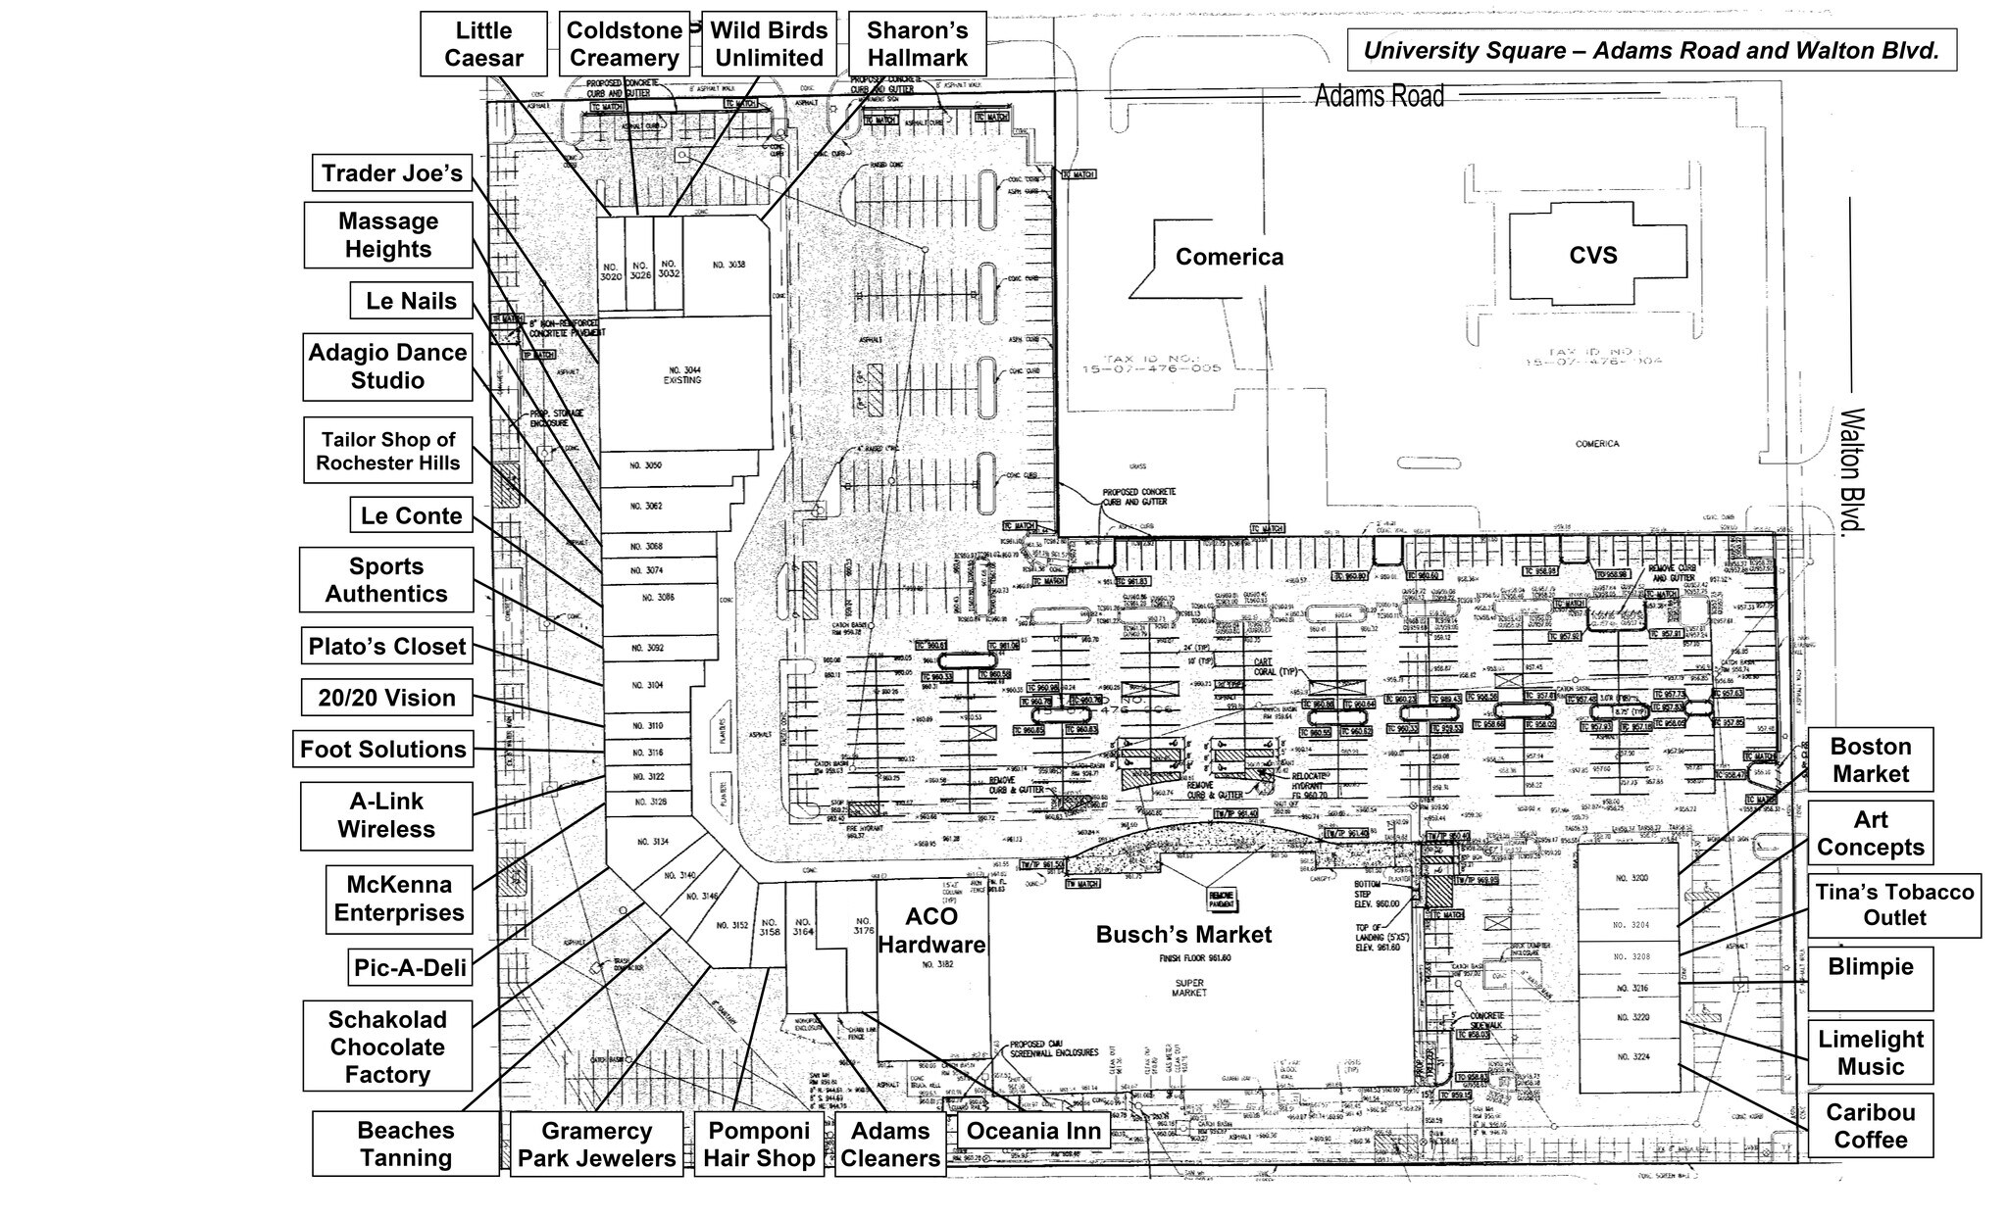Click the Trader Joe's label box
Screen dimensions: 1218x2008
pyautogui.click(x=391, y=173)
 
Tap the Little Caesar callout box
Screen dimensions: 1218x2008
pyautogui.click(x=483, y=44)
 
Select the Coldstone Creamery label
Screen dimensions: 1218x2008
pyautogui.click(x=624, y=44)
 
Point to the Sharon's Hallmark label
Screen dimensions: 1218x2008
pyautogui.click(x=917, y=44)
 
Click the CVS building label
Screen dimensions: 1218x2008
pyautogui.click(x=1592, y=255)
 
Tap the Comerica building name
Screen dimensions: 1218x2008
pyautogui.click(x=1229, y=257)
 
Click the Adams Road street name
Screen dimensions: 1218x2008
pyautogui.click(x=1379, y=96)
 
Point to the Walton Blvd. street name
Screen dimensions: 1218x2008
pyautogui.click(x=1850, y=470)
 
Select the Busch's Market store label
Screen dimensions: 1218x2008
pyautogui.click(x=1183, y=935)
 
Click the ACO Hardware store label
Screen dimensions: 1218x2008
pyautogui.click(x=931, y=931)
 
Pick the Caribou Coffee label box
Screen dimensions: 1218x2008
pyautogui.click(x=1870, y=1126)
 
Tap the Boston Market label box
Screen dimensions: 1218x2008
pyautogui.click(x=1870, y=759)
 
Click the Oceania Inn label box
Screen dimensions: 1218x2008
pyautogui.click(x=1033, y=1131)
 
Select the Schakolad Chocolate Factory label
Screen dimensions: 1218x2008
pyautogui.click(x=387, y=1047)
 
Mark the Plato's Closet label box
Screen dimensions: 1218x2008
pyautogui.click(x=387, y=647)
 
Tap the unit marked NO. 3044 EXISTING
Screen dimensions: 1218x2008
pyautogui.click(x=682, y=374)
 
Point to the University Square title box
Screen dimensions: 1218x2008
pyautogui.click(x=1651, y=51)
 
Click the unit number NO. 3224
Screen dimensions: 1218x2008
pyautogui.click(x=1633, y=1057)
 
